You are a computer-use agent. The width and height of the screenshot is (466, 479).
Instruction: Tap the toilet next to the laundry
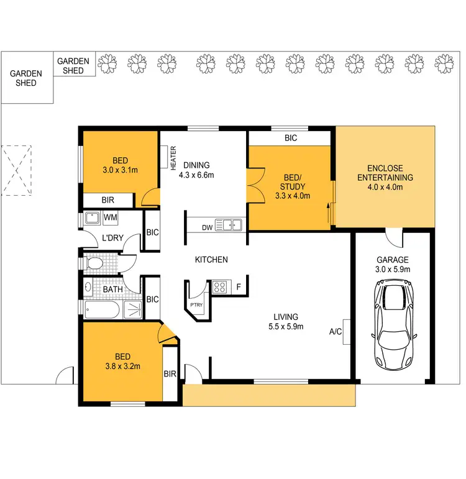(x=94, y=264)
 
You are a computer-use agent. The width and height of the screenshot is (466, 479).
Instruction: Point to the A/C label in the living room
(x=336, y=332)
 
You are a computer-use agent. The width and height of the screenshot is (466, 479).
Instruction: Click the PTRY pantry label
(x=196, y=305)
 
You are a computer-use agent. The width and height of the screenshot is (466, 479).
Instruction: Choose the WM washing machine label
(x=111, y=217)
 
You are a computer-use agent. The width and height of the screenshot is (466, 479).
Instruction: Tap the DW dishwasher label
(x=208, y=227)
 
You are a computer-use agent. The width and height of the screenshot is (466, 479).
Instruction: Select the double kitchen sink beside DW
(x=228, y=225)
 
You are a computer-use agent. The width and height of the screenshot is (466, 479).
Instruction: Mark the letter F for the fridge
(x=238, y=288)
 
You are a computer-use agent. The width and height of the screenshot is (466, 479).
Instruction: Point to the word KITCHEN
(x=211, y=260)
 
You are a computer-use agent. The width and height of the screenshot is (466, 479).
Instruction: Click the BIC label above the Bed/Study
(x=291, y=138)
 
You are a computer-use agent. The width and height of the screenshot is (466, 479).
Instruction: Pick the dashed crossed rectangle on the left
(x=16, y=170)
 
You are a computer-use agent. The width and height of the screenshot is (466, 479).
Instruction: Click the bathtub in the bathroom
(x=106, y=311)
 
